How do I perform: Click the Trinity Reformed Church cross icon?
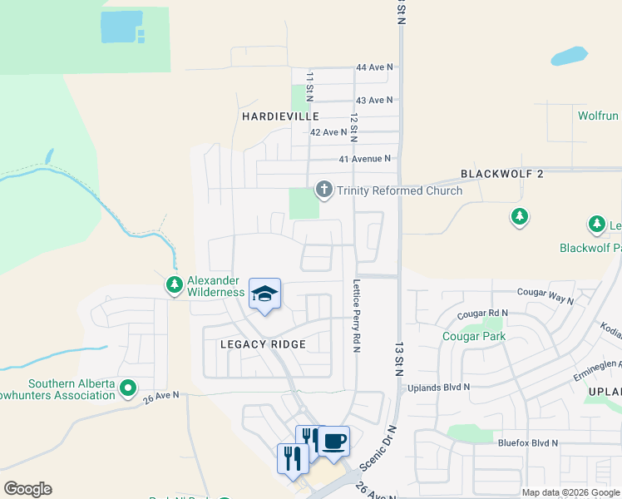coord(324,190)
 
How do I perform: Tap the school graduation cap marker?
coord(265,294)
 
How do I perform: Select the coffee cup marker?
coord(334,441)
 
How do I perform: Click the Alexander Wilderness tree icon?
coord(175,286)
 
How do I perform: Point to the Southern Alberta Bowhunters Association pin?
coord(128,388)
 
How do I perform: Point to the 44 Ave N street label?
coord(373,67)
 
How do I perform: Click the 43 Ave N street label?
coord(373,100)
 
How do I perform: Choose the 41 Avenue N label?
coord(364,158)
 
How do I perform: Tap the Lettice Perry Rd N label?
coord(356,314)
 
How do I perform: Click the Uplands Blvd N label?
coord(438,387)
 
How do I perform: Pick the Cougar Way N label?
coord(545,293)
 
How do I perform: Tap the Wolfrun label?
coord(598,116)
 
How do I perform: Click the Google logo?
coord(27,489)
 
